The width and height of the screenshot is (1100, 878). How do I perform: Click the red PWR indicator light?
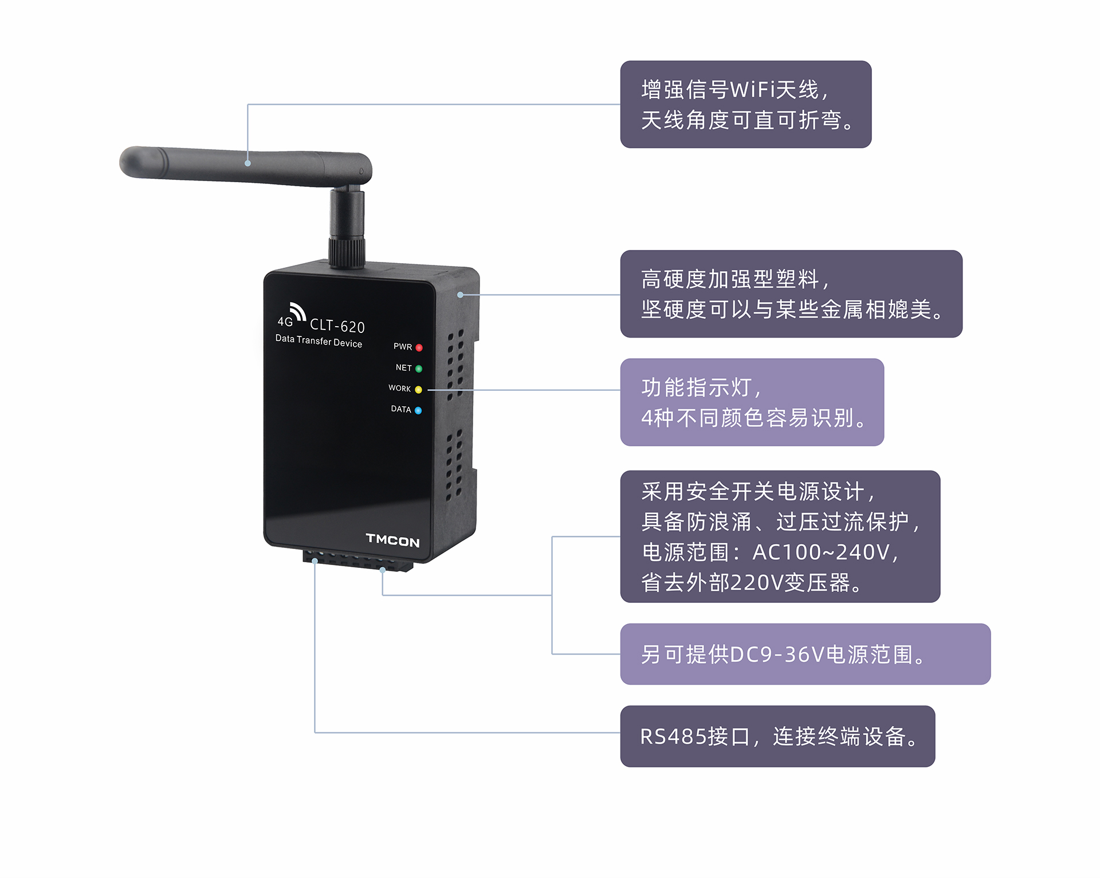coord(419,348)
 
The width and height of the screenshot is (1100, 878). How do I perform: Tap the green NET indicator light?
coord(419,369)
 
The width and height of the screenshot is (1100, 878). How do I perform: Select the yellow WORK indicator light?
coord(418,390)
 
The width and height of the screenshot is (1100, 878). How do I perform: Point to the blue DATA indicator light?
coord(418,410)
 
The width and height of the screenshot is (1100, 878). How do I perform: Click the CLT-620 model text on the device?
coord(337,326)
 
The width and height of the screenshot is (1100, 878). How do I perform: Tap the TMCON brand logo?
coord(392,540)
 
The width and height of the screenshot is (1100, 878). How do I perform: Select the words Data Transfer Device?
coord(319,341)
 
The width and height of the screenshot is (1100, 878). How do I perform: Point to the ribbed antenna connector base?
coord(347,251)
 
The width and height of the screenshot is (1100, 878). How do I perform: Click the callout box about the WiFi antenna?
coord(746,104)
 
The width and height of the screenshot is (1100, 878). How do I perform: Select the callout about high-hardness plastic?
coord(791,294)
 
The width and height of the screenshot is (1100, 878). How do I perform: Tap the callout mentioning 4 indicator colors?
coord(752,402)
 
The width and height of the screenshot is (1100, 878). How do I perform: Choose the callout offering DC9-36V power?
coord(806,654)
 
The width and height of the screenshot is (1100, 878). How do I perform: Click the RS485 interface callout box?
coord(777,736)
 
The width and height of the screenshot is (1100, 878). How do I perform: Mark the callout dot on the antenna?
coord(247,163)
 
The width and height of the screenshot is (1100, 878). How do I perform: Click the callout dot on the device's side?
coord(460,295)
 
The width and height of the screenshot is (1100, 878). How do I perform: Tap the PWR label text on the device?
coord(403,347)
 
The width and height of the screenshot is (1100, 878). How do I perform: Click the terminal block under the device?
coord(358,560)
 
